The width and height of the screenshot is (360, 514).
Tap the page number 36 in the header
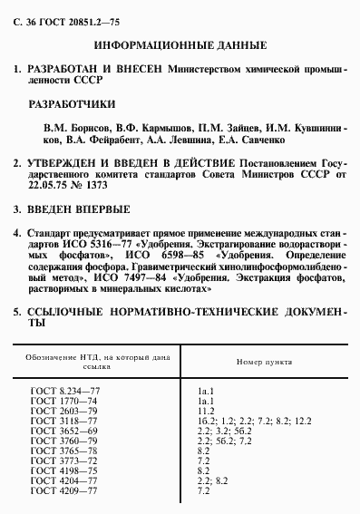29,16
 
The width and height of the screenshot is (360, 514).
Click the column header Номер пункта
264,361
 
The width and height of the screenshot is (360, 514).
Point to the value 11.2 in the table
204,410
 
